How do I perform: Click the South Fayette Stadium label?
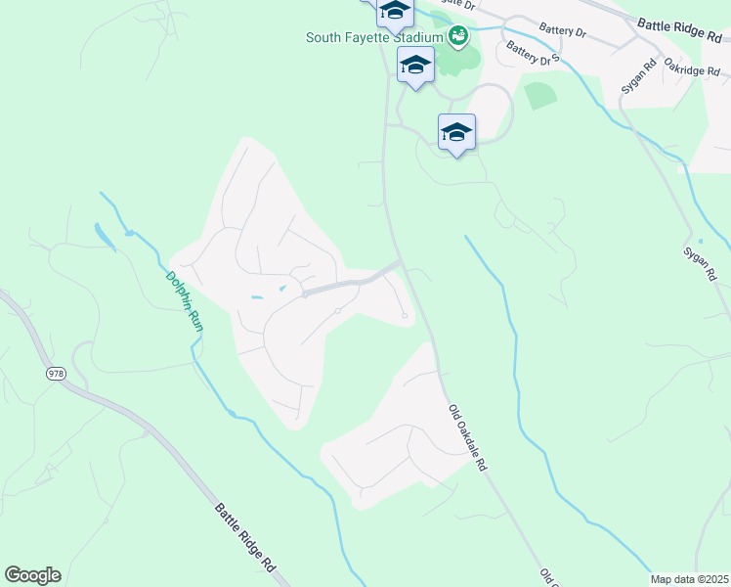(x=374, y=38)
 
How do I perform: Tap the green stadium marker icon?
(x=457, y=38)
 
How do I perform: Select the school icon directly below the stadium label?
(x=415, y=67)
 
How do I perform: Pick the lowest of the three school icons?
(x=456, y=133)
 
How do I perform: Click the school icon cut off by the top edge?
(x=394, y=11)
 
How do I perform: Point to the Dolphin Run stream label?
(x=185, y=301)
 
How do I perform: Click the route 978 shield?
(x=55, y=374)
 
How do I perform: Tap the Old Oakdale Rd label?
(x=467, y=439)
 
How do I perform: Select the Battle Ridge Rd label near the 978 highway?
(x=245, y=537)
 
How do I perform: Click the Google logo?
(x=32, y=575)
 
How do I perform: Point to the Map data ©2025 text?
(x=689, y=579)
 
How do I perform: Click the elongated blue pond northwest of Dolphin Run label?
(x=104, y=236)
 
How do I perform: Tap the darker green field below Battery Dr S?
(x=540, y=96)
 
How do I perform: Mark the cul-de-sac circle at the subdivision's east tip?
(x=405, y=316)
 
